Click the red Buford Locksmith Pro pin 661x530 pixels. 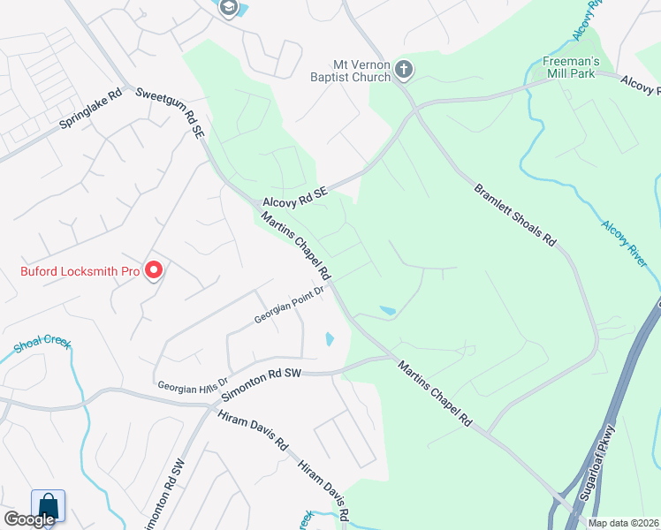[x=154, y=269]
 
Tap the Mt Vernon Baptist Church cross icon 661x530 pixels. [x=403, y=69]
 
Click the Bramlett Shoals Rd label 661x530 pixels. [x=515, y=215]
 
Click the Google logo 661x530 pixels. [x=28, y=519]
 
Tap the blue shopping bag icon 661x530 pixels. [x=48, y=508]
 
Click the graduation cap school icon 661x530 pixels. [x=229, y=8]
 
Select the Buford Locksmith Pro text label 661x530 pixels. [x=80, y=271]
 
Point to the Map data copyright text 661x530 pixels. [x=624, y=523]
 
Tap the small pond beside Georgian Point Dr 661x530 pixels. [x=329, y=338]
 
